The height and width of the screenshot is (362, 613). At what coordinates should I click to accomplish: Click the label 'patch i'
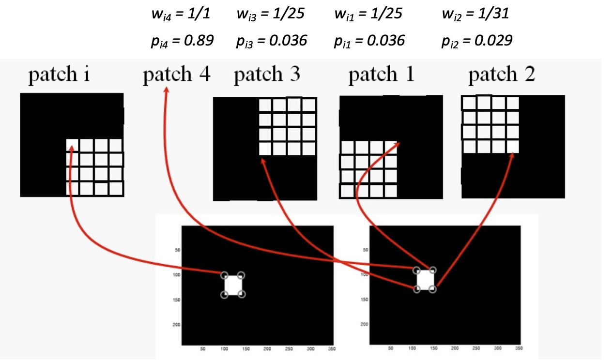click(59, 75)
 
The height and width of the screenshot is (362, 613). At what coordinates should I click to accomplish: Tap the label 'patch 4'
click(176, 75)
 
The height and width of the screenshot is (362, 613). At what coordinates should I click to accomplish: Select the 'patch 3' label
click(267, 75)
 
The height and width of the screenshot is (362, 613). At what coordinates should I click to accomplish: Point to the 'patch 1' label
click(381, 75)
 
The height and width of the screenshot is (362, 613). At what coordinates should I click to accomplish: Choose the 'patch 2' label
click(501, 75)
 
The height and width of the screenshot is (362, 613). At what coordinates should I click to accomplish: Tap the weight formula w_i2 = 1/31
click(475, 15)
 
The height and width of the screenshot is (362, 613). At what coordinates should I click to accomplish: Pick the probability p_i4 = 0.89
click(182, 41)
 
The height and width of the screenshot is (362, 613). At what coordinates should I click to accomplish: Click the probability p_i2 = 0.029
click(476, 41)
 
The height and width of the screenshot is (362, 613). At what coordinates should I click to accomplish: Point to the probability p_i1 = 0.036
click(369, 41)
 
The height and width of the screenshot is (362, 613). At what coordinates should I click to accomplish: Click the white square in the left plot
click(233, 285)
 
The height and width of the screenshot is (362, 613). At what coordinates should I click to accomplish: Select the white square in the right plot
click(425, 280)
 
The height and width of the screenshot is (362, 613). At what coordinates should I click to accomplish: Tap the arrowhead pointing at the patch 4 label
click(167, 90)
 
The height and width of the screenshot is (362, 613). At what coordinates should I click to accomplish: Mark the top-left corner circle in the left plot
click(224, 275)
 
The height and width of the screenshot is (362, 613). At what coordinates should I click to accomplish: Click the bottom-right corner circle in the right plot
click(433, 289)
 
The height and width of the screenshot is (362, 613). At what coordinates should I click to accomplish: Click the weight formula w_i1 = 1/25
click(368, 15)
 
